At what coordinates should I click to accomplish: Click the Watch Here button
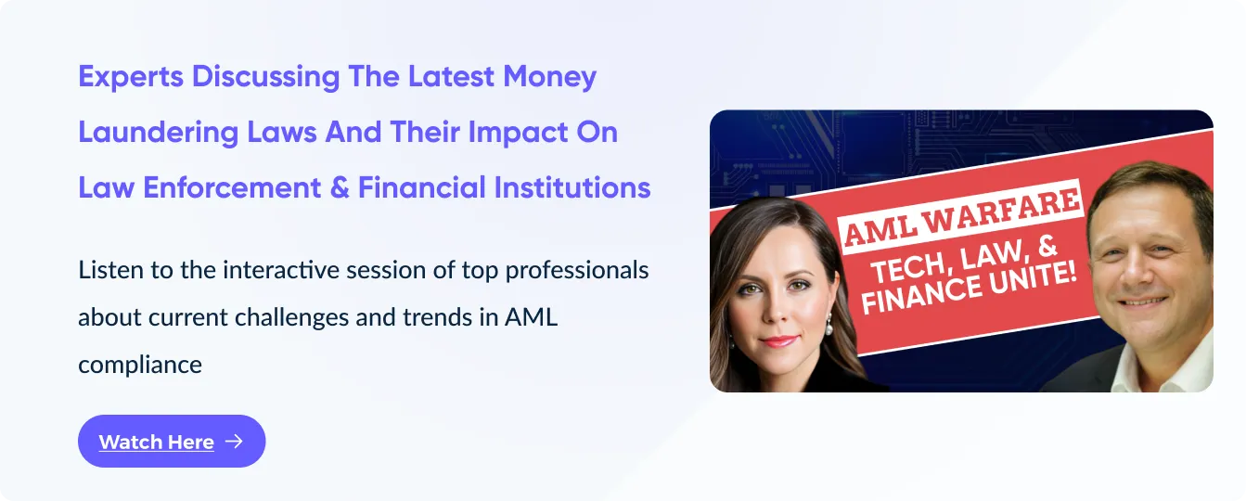[172, 441]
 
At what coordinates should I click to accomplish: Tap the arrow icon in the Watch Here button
[234, 442]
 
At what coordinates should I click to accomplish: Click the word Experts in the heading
[131, 77]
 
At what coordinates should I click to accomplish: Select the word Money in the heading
[549, 77]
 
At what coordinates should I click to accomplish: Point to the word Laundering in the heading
[158, 133]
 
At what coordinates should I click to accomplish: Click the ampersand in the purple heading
[340, 187]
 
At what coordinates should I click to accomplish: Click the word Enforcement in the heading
[232, 187]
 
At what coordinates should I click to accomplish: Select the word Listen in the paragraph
[110, 270]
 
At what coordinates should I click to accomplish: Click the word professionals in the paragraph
[577, 271]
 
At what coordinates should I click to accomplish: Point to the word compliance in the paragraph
[139, 366]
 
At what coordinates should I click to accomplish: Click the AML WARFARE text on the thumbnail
[962, 217]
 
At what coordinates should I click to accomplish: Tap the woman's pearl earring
[829, 328]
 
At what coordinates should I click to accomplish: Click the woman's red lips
[778, 340]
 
